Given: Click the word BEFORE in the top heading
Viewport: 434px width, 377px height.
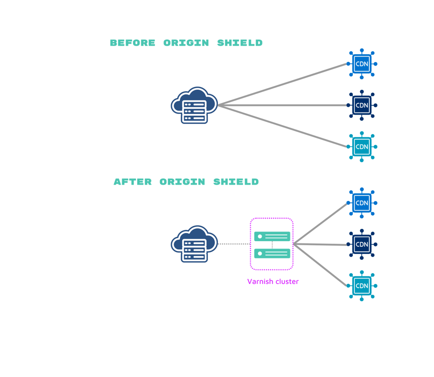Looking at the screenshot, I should pos(132,43).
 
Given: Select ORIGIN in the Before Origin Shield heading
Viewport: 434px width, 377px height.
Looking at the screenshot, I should pos(186,43).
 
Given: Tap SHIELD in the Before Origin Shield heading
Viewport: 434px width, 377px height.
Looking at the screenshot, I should pos(240,43).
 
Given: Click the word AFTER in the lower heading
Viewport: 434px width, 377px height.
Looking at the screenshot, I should pos(132,182).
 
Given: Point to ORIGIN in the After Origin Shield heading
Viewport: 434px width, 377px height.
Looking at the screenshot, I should pos(182,182).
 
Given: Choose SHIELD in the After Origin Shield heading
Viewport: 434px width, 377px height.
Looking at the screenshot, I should pos(236,182).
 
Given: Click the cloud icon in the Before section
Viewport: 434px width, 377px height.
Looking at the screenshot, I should pos(194,105).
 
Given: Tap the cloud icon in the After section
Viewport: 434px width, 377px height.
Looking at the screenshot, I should pos(194,243).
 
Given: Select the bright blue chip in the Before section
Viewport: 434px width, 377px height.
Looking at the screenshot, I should pos(362,64).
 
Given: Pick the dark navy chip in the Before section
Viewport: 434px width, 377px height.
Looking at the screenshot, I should pos(362,105).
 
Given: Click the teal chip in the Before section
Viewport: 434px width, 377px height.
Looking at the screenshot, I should pos(362,147).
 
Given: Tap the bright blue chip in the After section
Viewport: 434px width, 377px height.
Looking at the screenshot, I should pos(362,203).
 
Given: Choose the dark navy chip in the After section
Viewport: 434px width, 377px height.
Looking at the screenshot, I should pos(362,244).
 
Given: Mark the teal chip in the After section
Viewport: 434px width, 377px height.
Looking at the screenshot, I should pos(362,286).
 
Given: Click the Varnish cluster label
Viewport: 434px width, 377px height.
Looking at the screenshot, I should pos(273,282).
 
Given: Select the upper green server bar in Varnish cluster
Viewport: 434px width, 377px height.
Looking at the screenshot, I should pos(272,236).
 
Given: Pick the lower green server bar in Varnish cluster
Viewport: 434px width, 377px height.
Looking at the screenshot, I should pos(272,253).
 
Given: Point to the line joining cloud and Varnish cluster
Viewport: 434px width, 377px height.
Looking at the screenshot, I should pos(233,244).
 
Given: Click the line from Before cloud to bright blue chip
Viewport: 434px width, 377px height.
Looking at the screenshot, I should pos(283,85).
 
